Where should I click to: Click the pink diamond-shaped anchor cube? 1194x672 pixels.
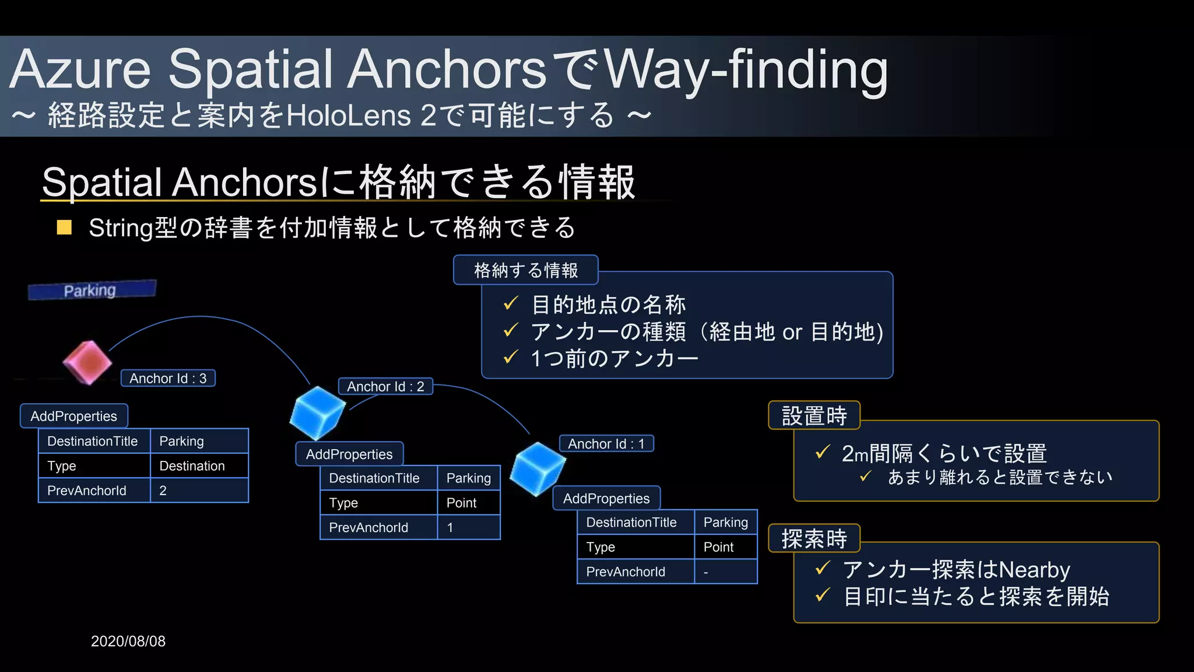click(x=87, y=362)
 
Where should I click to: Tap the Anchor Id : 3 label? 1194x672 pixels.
click(x=168, y=378)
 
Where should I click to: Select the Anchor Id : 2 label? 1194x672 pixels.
click(x=385, y=386)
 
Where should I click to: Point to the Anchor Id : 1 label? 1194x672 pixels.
click(x=606, y=443)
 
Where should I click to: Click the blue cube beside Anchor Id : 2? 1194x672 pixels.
click(x=317, y=412)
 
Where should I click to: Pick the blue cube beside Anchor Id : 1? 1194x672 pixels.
click(x=537, y=467)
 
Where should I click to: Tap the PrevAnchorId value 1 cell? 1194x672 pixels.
click(x=468, y=527)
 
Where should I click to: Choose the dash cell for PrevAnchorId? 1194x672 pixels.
click(x=725, y=572)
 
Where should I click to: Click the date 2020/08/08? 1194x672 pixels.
click(x=128, y=641)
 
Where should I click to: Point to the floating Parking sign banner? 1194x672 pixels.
click(x=92, y=290)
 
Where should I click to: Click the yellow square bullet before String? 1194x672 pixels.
click(x=64, y=228)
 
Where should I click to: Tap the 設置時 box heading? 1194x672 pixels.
click(x=814, y=415)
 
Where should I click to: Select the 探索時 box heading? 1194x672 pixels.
click(x=814, y=538)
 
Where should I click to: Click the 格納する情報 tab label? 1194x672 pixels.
click(x=526, y=270)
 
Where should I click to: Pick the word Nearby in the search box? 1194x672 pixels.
click(x=1034, y=569)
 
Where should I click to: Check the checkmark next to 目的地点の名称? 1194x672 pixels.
click(x=511, y=303)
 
